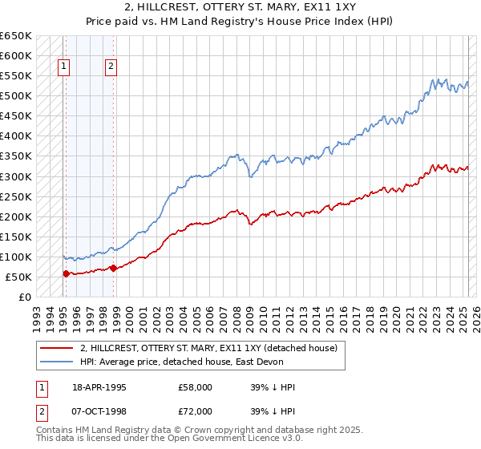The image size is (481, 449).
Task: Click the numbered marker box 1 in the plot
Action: click(x=63, y=67)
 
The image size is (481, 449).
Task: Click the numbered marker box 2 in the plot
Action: click(x=111, y=67)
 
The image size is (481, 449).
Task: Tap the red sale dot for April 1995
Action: click(x=66, y=273)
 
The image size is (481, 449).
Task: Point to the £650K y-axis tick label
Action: click(x=16, y=36)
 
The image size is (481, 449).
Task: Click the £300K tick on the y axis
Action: click(x=16, y=176)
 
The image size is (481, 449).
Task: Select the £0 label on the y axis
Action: click(x=26, y=297)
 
